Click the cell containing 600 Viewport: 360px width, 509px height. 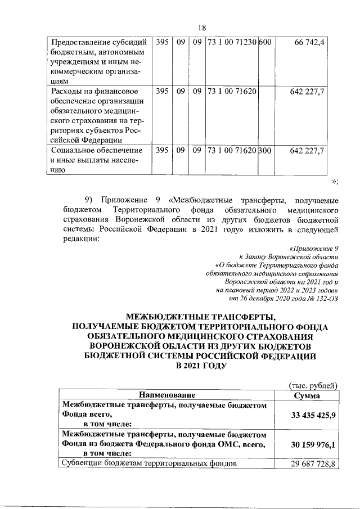265,42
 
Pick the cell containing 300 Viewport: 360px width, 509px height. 265,151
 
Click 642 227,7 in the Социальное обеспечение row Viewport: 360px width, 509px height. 307,151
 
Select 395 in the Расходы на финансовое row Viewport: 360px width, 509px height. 162,91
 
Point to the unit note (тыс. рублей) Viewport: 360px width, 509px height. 312,385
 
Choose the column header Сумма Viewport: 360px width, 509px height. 307,395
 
